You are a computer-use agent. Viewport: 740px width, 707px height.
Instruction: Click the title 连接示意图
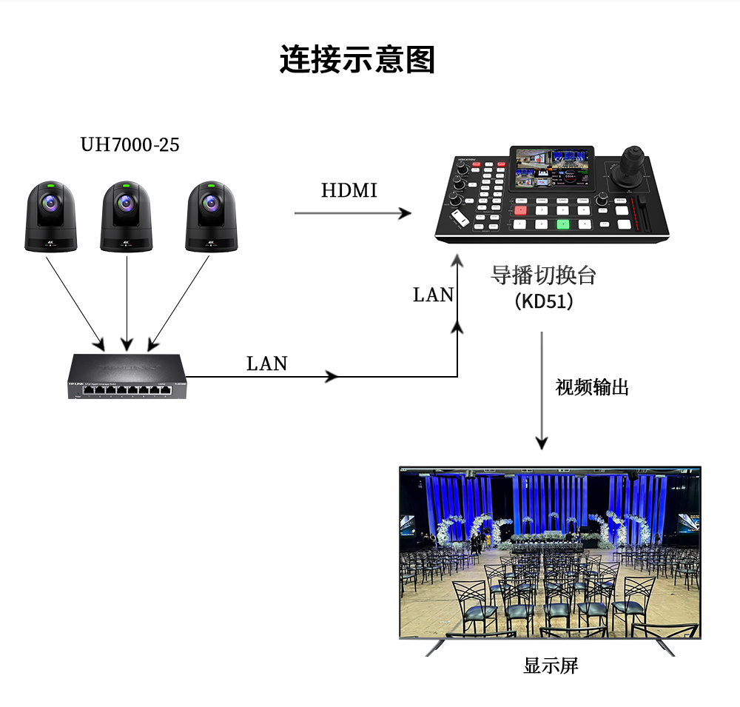[357, 59]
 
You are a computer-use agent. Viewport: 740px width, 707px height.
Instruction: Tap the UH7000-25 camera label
[129, 144]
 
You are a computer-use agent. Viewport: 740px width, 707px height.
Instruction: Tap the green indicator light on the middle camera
[127, 184]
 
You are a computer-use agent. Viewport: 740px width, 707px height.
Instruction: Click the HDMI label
[349, 190]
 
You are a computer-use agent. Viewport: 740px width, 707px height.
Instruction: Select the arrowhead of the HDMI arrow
[405, 213]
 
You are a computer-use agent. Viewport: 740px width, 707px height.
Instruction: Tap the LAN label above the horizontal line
[266, 363]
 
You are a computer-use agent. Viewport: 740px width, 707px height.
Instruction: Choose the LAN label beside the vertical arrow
[433, 295]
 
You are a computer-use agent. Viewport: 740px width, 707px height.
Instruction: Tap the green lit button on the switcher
[563, 224]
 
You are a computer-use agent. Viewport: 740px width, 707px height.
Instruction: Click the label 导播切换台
[543, 275]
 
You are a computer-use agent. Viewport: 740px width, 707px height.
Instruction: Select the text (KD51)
[543, 302]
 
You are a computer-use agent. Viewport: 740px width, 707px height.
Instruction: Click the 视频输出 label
[592, 386]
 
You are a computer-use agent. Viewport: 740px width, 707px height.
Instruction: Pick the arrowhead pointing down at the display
[542, 443]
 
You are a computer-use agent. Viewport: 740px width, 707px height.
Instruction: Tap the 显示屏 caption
[551, 666]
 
